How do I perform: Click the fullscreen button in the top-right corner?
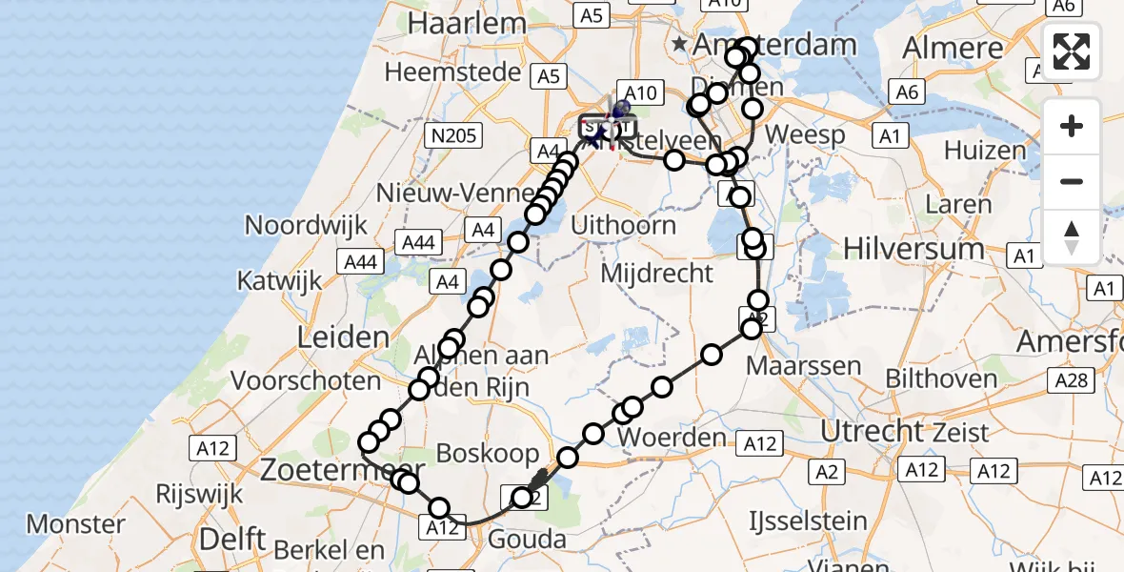click(x=1072, y=51)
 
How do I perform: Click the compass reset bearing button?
click(x=1072, y=237)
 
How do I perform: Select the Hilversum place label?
click(x=913, y=250)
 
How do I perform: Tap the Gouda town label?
click(x=526, y=541)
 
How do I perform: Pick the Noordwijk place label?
click(x=293, y=226)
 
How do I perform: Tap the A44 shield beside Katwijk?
click(x=360, y=262)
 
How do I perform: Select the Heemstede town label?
click(x=453, y=72)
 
